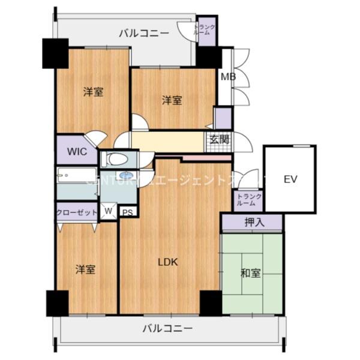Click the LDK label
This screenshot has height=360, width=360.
(167, 261)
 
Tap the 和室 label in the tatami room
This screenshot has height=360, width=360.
(250, 273)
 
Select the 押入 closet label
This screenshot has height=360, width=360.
(252, 223)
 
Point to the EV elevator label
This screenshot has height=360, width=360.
(290, 179)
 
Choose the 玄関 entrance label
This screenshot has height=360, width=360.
(218, 140)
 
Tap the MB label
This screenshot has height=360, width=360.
(228, 77)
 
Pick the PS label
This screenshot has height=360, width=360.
(127, 211)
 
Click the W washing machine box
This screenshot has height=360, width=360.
(108, 211)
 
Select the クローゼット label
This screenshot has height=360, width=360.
(76, 211)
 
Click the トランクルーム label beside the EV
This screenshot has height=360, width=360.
(247, 200)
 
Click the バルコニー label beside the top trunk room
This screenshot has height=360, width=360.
(143, 33)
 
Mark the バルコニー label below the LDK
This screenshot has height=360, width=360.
(167, 328)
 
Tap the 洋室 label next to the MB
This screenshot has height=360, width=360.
(172, 100)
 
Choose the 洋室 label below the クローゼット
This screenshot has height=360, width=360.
(85, 269)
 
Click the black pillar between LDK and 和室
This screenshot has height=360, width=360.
(211, 302)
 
